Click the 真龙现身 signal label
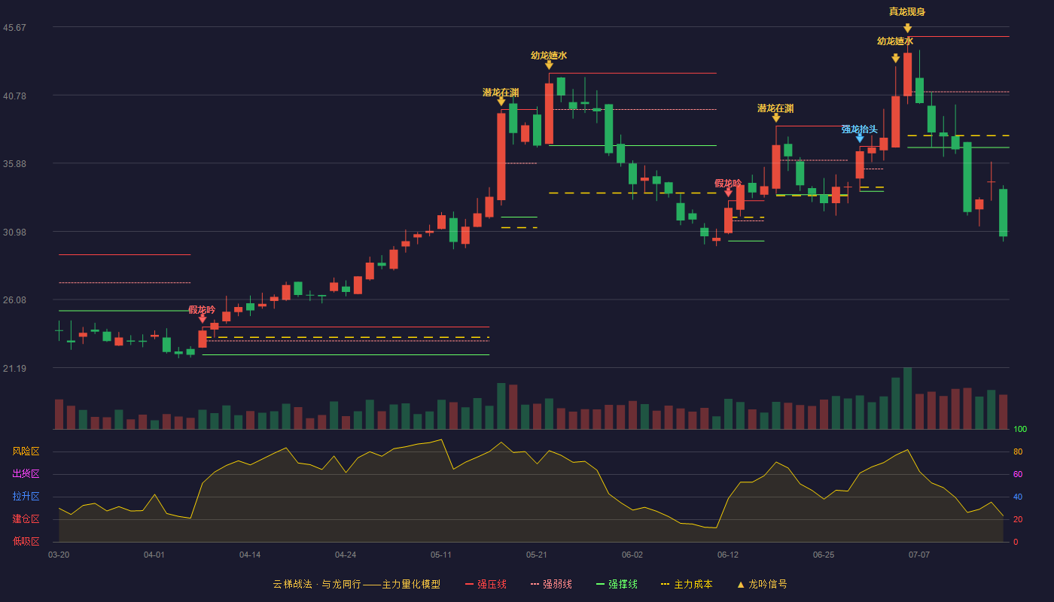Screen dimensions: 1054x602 click(x=906, y=12)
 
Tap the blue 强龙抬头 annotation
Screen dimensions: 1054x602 click(x=859, y=129)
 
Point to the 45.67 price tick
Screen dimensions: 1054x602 click(x=14, y=28)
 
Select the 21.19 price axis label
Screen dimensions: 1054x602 click(x=14, y=368)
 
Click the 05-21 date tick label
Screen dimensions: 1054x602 click(x=536, y=555)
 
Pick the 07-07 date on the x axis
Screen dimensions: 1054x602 click(x=919, y=555)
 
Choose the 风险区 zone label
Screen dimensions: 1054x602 click(x=26, y=451)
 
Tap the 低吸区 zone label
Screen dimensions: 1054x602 click(x=26, y=542)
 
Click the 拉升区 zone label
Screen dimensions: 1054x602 click(x=26, y=497)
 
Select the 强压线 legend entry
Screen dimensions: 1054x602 click(x=486, y=584)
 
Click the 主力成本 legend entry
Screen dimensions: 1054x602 click(x=687, y=584)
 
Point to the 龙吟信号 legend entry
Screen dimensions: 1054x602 click(x=762, y=584)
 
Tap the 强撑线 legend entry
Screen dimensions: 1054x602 click(x=617, y=584)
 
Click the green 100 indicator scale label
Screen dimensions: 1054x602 click(x=1020, y=429)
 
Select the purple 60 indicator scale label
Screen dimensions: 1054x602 click(x=1018, y=474)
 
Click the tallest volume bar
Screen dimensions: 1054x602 click(x=907, y=398)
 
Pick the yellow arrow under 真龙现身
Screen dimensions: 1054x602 click(x=907, y=29)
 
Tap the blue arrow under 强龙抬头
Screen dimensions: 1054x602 click(x=860, y=138)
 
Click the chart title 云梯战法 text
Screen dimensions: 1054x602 click(x=293, y=584)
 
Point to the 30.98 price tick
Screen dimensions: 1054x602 click(x=14, y=233)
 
